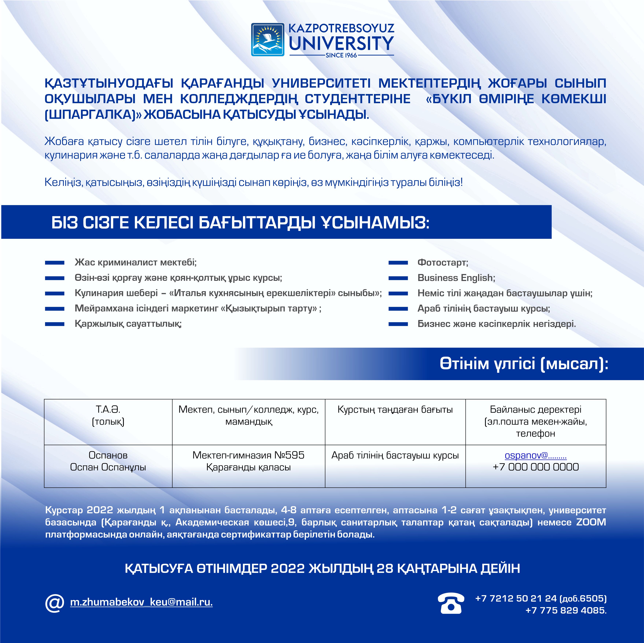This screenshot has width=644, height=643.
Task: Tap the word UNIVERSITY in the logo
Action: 341,43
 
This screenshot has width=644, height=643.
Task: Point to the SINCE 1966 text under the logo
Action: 341,55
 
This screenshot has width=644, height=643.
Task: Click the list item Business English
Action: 456,278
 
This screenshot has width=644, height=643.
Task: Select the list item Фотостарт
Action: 443,262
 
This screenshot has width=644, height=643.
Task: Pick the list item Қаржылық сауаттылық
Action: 128,324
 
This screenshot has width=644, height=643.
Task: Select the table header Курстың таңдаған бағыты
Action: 395,409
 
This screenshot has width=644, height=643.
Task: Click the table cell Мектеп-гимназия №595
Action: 248,455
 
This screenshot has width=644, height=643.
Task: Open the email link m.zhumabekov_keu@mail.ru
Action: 141,602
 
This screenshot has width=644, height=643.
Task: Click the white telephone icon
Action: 451,603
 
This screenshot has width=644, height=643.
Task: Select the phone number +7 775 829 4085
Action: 566,610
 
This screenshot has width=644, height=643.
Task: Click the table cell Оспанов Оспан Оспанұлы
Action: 108,461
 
